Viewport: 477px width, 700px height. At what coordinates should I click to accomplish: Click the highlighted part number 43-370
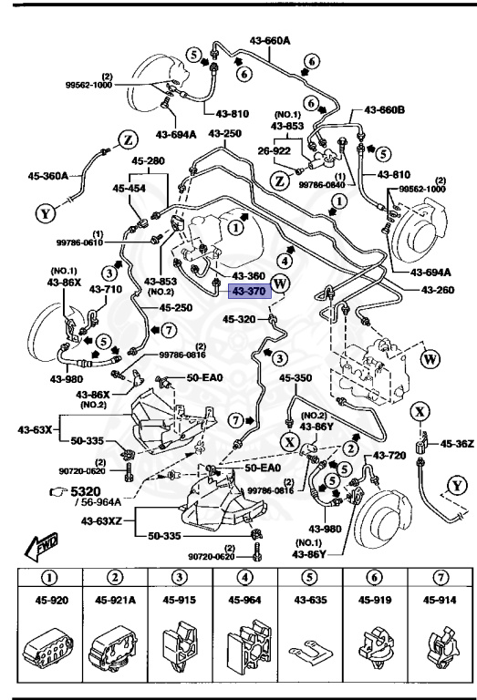(246, 291)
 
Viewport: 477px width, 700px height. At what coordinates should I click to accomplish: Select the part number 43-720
(391, 454)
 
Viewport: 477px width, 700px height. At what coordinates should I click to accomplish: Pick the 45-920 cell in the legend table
(51, 600)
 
